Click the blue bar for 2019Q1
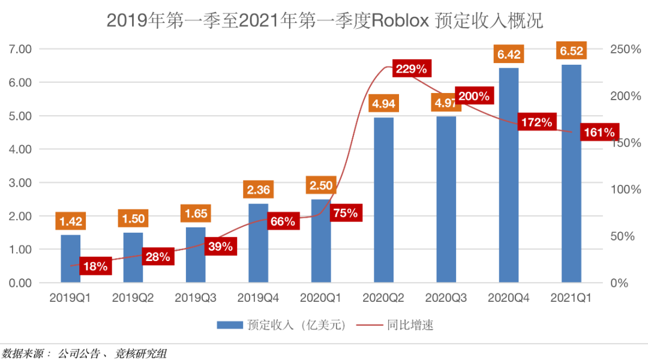pyautogui.click(x=71, y=258)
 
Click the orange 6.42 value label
pyautogui.click(x=509, y=55)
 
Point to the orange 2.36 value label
pyautogui.click(x=259, y=190)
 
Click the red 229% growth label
pyautogui.click(x=412, y=69)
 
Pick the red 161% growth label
pyautogui.click(x=598, y=132)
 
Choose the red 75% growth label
pyautogui.click(x=345, y=213)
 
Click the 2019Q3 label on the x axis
pyautogui.click(x=196, y=297)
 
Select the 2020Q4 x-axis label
pyautogui.click(x=509, y=297)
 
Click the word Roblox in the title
pyautogui.click(x=400, y=21)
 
